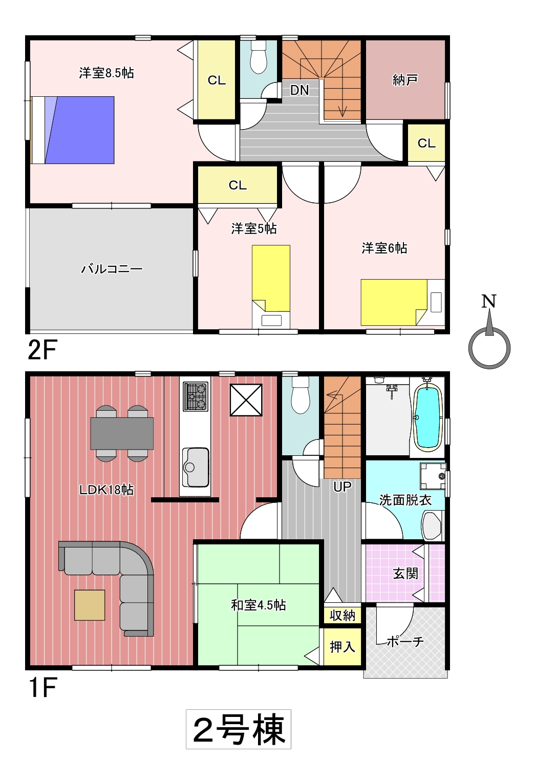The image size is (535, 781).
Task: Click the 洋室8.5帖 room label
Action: [x=106, y=73]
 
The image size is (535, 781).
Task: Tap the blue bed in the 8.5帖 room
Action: [x=79, y=130]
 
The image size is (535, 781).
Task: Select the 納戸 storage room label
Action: [x=405, y=80]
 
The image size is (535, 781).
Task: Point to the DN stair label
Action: [x=299, y=90]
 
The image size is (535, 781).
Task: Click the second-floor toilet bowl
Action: [x=259, y=57]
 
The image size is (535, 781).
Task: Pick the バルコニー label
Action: [x=112, y=269]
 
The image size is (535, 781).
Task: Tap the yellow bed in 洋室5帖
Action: [x=271, y=278]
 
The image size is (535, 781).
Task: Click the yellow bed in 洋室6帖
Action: [x=394, y=302]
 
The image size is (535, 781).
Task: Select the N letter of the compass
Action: [x=488, y=301]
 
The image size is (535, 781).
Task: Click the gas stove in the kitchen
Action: [x=196, y=396]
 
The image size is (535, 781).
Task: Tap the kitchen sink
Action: [x=196, y=467]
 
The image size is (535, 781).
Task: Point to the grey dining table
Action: [x=122, y=433]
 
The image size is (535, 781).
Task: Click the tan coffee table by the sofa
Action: [x=90, y=605]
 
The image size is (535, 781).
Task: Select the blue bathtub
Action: [x=427, y=417]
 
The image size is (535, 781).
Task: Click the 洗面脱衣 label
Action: [x=405, y=500]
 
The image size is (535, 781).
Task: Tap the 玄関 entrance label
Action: [x=405, y=574]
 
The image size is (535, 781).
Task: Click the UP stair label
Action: [x=343, y=487]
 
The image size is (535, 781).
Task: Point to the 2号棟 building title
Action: [x=239, y=729]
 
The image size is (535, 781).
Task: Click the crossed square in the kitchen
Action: [x=246, y=400]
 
